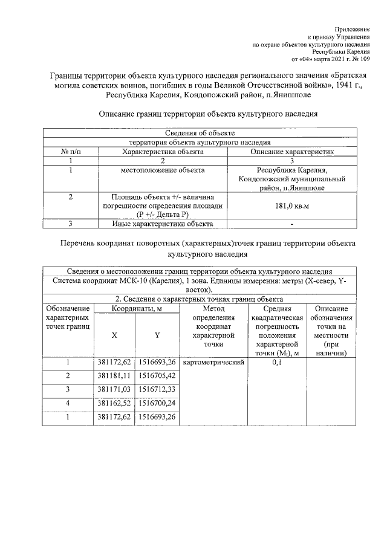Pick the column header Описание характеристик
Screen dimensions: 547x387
292,152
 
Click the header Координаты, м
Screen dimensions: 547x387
136,309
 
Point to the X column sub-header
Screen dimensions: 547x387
114,335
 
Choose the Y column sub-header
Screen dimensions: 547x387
157,335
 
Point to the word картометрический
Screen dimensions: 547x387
213,363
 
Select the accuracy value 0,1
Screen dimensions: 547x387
277,363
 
